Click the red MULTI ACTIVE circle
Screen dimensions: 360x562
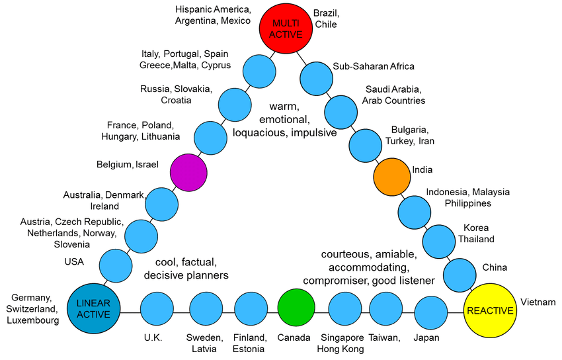tap(284, 28)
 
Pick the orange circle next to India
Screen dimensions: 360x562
tap(391, 177)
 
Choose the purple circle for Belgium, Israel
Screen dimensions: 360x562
tap(188, 171)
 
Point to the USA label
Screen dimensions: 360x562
tap(74, 261)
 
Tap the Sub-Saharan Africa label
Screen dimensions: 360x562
tap(374, 66)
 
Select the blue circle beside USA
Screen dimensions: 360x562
tap(116, 266)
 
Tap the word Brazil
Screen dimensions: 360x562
tap(325, 13)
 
